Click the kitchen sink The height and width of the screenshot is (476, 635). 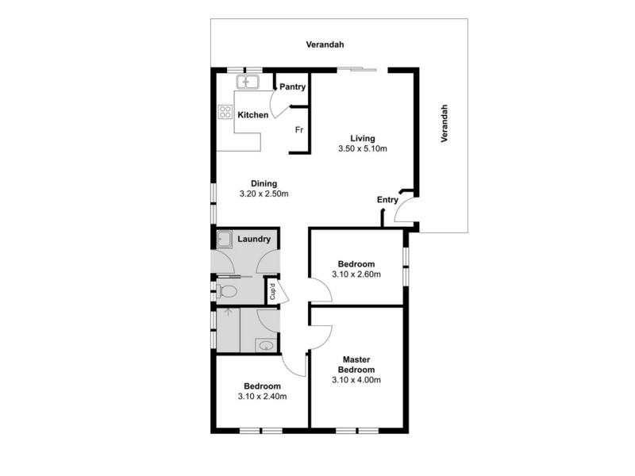coord(248,82)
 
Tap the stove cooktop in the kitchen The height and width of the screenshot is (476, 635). coord(225,113)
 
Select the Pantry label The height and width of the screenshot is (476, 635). coord(291,86)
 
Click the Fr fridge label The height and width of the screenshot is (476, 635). coord(299,129)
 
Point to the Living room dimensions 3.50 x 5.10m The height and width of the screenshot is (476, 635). coord(362,148)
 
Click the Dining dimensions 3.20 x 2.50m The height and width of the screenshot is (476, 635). coord(264,194)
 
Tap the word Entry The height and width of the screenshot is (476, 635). coord(387,200)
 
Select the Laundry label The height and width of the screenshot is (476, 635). coord(254,239)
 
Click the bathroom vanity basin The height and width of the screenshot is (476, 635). coord(266,344)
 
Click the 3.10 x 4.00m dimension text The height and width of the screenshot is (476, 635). coord(356,380)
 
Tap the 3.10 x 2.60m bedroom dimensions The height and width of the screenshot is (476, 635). coord(356,274)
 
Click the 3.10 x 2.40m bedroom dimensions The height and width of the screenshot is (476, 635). coord(262,397)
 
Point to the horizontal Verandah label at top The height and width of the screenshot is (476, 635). coord(325,45)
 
